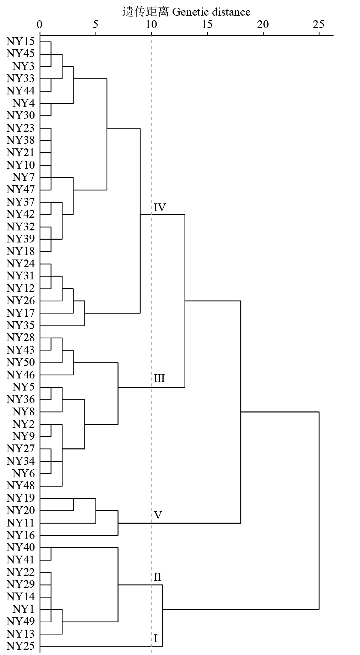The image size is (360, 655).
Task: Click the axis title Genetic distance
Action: [186, 12]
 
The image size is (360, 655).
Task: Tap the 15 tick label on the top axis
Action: [207, 24]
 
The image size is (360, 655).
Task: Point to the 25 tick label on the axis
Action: [319, 24]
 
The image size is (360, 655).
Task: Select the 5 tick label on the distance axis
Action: [96, 24]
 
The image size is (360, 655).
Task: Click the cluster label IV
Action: [160, 208]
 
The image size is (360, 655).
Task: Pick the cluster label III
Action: [159, 378]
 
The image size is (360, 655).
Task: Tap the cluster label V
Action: [158, 515]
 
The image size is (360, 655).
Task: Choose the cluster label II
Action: [158, 577]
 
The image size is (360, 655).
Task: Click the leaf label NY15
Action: [21, 42]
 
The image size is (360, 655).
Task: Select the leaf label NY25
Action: [21, 646]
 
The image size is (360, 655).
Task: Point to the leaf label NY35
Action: [21, 326]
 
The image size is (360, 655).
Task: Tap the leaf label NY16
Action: [21, 535]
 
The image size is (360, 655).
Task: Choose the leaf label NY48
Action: [21, 486]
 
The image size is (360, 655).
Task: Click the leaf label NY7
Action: [23, 177]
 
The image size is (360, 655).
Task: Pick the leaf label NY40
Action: [21, 547]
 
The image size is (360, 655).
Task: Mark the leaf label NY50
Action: [21, 362]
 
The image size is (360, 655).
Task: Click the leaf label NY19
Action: [21, 498]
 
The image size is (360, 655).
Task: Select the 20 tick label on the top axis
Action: [263, 24]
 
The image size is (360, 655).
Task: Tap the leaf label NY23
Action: [21, 128]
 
